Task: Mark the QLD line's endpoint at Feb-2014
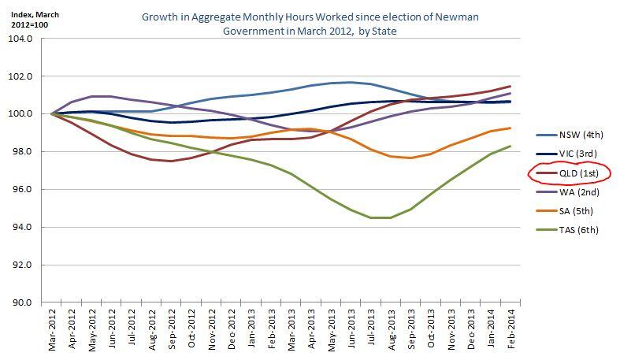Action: (510, 87)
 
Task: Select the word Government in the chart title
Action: (250, 32)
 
